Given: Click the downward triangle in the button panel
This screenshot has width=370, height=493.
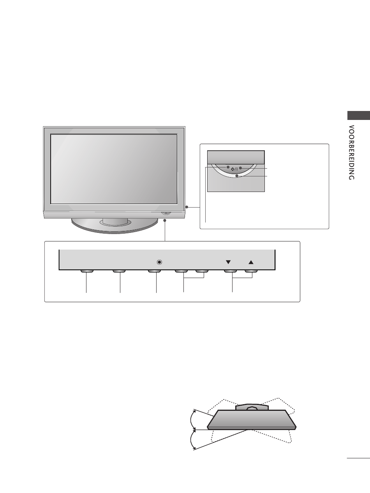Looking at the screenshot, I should coord(228,262).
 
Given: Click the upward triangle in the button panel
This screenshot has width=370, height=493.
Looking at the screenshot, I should coord(251,262).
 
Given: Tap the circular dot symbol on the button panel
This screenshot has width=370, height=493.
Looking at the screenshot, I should coord(158,262).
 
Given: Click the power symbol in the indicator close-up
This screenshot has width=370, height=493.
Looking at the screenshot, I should coord(234,169).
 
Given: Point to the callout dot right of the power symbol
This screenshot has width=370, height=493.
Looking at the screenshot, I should coord(240,168).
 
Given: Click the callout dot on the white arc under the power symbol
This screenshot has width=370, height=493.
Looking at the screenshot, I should coord(236,176).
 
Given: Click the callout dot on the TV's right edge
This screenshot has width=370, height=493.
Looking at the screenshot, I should coord(187,207).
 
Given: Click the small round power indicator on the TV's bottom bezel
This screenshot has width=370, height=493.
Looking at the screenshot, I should coord(165,213).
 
